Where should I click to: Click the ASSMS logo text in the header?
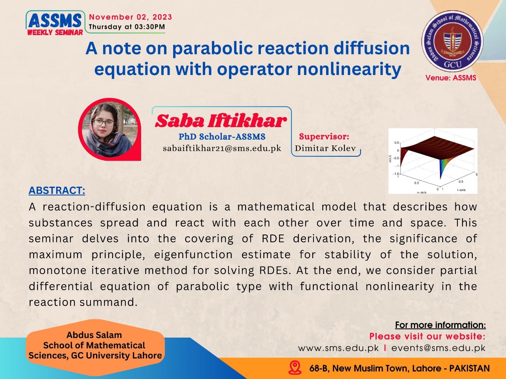click(x=55, y=21)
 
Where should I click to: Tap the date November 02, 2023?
click(x=130, y=17)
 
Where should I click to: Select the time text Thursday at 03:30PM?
click(x=127, y=27)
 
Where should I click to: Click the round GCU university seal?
click(x=452, y=41)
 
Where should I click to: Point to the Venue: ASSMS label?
click(x=451, y=78)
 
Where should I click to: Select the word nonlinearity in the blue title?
click(x=349, y=69)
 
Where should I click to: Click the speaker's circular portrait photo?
click(x=110, y=129)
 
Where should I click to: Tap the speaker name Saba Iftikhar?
click(x=221, y=121)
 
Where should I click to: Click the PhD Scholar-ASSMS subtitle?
click(x=222, y=137)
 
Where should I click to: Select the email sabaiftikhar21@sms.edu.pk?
click(x=222, y=148)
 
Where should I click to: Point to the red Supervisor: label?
click(x=324, y=137)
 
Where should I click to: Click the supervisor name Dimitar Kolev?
click(x=325, y=148)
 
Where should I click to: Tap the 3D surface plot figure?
click(x=433, y=161)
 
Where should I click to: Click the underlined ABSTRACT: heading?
click(x=57, y=191)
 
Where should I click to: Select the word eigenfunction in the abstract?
click(x=193, y=255)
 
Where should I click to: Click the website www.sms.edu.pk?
click(x=338, y=348)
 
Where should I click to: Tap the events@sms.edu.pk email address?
click(x=438, y=348)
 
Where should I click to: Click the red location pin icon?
click(x=295, y=368)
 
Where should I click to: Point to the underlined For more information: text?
click(x=440, y=325)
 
